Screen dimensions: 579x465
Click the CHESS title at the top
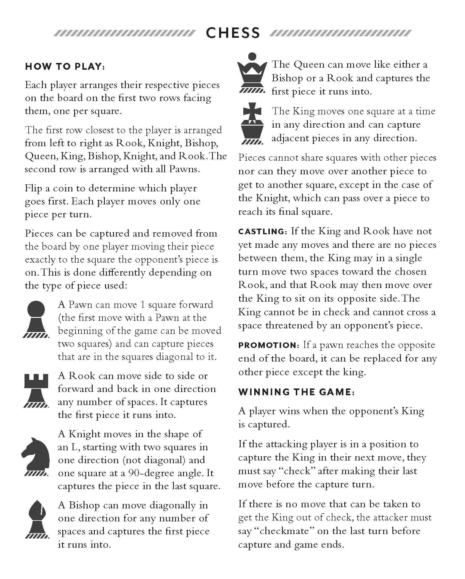point(233,33)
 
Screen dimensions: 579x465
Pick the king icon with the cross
point(252,124)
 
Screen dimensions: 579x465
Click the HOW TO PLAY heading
point(65,66)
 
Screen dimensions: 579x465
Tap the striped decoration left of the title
point(124,33)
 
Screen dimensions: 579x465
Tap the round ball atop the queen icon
point(252,56)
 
